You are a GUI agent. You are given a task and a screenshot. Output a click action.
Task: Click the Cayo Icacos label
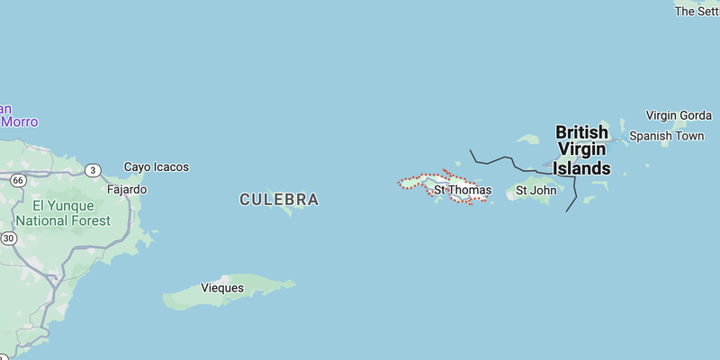pos(157,167)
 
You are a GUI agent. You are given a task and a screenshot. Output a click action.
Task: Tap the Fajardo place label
pos(126,190)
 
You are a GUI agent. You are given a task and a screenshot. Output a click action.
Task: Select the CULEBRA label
pos(279,200)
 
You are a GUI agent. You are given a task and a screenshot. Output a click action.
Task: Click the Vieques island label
pos(222,288)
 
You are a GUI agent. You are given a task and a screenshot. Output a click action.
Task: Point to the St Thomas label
pos(463,190)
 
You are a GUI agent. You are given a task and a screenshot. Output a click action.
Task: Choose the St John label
pos(535,190)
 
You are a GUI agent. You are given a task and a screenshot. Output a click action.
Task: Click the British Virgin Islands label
pos(581,150)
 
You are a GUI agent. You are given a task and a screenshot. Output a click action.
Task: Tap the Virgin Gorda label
pos(679,115)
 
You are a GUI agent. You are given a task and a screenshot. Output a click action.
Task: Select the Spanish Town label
pos(666,136)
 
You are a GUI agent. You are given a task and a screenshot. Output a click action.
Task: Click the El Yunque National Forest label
pos(63,212)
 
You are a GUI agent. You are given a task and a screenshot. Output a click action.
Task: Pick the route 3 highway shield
pos(93,170)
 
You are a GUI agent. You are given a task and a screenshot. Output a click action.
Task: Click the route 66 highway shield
pos(17,181)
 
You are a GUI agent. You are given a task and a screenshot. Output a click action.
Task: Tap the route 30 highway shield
pos(8,238)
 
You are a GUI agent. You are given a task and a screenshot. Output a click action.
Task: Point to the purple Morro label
pos(18,121)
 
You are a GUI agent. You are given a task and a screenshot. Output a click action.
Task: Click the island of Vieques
pos(261,286)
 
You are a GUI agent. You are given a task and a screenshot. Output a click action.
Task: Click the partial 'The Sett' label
pos(697,11)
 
